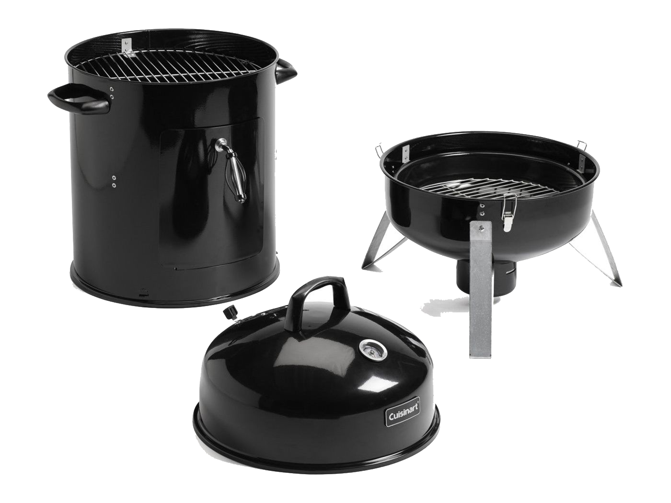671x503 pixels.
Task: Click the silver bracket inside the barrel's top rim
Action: click(127, 46)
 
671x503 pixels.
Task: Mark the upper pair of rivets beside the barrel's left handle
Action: click(112, 92)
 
